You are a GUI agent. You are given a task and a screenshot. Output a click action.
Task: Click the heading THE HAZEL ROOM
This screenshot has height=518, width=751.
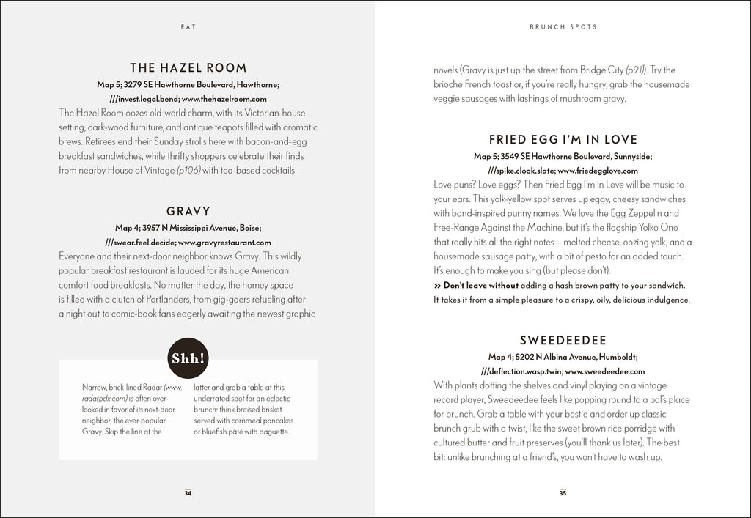point(188,67)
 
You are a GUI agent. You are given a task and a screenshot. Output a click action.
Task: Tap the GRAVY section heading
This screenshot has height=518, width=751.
point(188,211)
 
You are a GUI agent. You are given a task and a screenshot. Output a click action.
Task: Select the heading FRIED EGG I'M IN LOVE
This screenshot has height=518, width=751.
point(563,139)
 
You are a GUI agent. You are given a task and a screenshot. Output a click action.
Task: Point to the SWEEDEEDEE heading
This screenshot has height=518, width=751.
point(563,340)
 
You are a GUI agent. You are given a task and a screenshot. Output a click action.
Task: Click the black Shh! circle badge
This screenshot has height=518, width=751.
point(188,358)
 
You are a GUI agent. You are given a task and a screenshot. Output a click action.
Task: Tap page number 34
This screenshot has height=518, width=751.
point(188,492)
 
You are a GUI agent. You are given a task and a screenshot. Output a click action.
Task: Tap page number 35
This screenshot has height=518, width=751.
point(563,492)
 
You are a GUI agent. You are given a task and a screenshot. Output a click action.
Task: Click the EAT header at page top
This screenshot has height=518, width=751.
point(188,26)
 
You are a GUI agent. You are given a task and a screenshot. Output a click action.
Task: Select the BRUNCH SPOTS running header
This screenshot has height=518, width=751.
point(563,26)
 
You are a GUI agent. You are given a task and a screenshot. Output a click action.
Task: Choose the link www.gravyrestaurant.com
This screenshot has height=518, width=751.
point(224,242)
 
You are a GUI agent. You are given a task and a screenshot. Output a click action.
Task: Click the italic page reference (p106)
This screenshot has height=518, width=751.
point(188,171)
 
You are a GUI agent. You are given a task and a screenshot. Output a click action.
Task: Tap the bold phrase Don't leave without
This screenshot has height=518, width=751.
point(480,285)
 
